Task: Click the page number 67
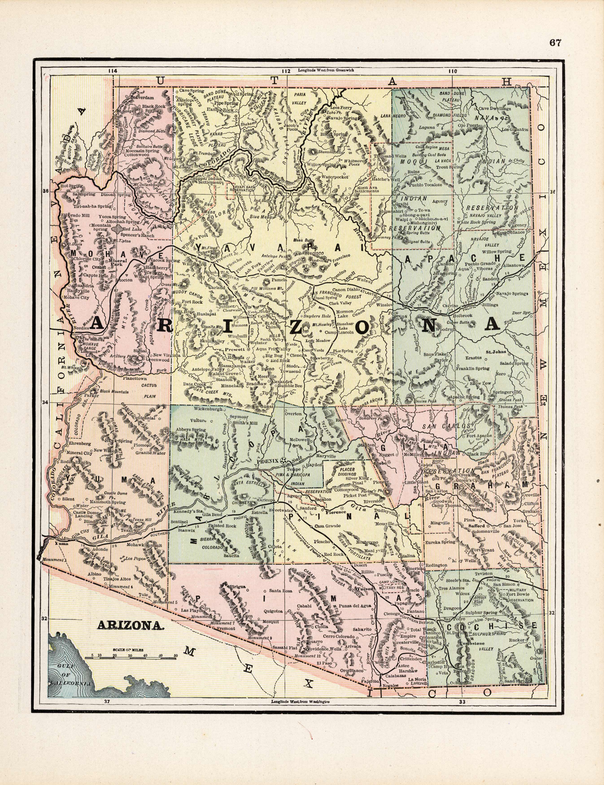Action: coord(555,43)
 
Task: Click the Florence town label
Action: coord(336,511)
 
